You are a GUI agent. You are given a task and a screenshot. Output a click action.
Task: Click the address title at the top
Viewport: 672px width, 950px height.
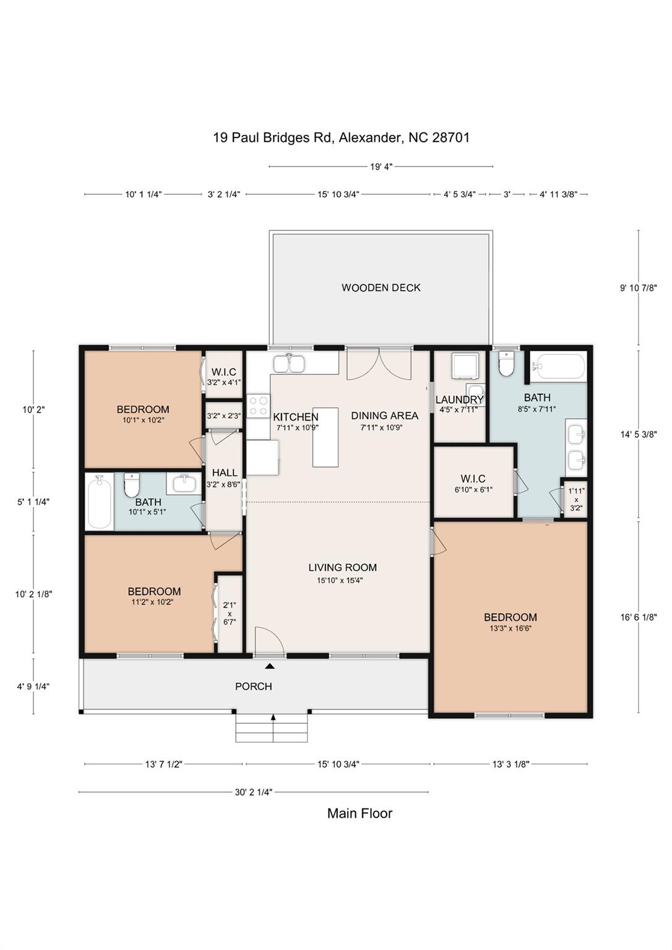coord(341,137)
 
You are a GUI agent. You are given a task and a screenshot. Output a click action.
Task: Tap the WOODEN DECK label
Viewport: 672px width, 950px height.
coord(381,288)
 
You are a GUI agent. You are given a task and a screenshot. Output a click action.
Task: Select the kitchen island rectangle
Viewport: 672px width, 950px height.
coord(325,437)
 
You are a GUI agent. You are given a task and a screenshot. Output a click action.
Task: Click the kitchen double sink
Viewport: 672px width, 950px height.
coord(289,364)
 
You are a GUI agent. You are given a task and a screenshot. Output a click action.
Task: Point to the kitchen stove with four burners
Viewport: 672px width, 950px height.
coord(258,406)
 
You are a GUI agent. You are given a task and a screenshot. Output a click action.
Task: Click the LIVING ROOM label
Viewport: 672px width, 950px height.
coord(342,567)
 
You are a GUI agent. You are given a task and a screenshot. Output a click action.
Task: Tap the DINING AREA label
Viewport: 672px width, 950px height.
coord(384,416)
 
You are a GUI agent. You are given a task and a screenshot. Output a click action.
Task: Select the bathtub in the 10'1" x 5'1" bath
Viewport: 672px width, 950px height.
coord(99,502)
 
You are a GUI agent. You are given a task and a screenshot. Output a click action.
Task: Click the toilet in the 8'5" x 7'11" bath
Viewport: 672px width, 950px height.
coord(506,365)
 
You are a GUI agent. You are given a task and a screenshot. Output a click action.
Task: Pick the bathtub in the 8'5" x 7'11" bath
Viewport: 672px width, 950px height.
coord(559,366)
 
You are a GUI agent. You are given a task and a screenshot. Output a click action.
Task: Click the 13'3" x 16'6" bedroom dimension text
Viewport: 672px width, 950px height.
coord(510,628)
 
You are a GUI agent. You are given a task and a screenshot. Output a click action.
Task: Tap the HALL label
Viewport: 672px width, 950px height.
coord(224,473)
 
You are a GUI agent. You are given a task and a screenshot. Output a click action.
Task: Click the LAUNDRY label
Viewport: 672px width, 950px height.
coord(459,400)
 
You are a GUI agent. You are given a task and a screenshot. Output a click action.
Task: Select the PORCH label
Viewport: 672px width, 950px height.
coord(253,686)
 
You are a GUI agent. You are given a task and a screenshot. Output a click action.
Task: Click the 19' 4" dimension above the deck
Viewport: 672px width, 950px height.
coord(381,166)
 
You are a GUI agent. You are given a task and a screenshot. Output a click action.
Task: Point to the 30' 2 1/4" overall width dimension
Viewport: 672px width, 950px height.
coord(253,792)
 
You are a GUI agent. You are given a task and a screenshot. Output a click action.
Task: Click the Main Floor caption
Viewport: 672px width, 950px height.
coord(360,813)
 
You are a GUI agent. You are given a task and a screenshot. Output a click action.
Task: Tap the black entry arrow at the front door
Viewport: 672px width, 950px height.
coord(270,666)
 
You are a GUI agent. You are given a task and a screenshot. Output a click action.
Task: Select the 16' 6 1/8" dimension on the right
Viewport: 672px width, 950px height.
coord(638,617)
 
